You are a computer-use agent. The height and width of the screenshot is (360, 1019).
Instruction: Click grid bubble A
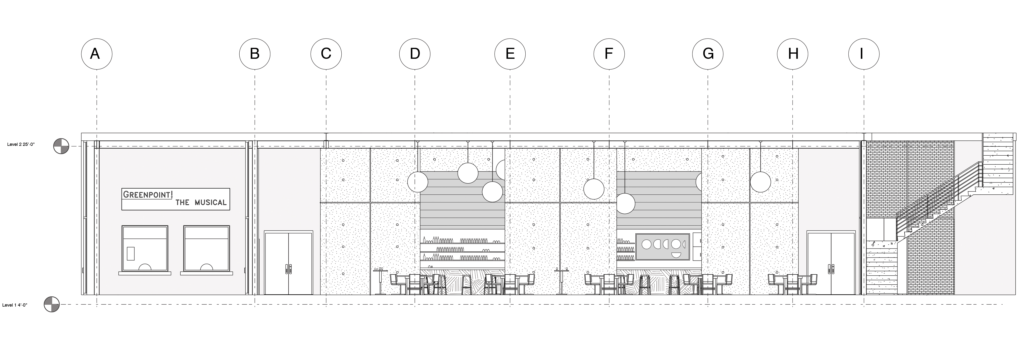(97, 53)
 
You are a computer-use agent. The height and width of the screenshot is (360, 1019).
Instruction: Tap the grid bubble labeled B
(255, 53)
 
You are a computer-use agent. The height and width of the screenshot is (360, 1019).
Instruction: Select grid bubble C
(326, 53)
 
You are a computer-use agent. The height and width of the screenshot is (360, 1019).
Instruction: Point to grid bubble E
(510, 53)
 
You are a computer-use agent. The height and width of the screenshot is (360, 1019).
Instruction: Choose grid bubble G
(708, 53)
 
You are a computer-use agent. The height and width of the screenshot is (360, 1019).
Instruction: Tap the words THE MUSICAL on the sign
(201, 202)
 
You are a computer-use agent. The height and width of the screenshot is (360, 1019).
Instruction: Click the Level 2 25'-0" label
(21, 144)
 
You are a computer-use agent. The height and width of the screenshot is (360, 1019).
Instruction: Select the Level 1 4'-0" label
(15, 305)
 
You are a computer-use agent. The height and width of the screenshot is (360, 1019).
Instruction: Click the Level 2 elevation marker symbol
(61, 146)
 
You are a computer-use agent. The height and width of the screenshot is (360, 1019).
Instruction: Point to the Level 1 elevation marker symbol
(52, 305)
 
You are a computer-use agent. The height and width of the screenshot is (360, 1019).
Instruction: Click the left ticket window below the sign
(145, 249)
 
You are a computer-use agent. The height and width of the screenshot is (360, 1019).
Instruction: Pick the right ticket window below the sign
(206, 249)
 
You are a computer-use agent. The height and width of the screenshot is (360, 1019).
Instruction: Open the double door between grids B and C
(288, 263)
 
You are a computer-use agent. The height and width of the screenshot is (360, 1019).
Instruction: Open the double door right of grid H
(831, 263)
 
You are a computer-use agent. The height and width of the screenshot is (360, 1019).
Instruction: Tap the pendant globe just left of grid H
(760, 182)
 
